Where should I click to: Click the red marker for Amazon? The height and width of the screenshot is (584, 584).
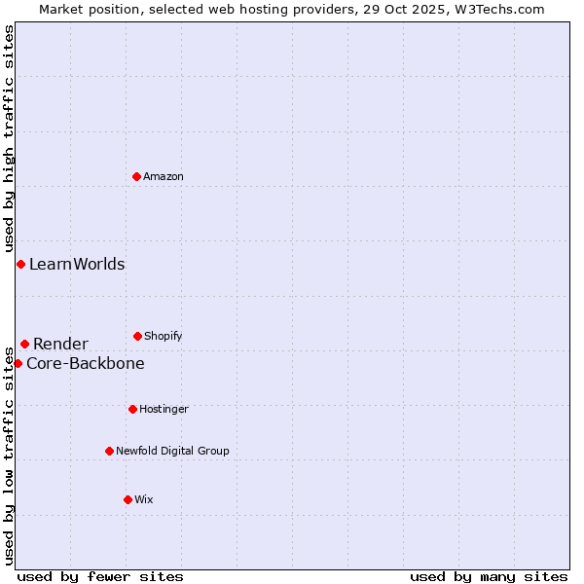(137, 176)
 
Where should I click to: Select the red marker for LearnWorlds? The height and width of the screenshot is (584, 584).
(20, 265)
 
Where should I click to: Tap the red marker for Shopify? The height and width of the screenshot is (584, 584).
(137, 336)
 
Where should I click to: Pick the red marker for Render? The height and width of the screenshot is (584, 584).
(24, 344)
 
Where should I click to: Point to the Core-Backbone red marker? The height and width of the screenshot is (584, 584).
(18, 363)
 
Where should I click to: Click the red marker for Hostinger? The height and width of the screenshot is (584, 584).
(132, 409)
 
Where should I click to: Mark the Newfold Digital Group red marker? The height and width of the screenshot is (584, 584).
(109, 451)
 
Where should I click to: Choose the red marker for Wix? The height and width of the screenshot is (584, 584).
(128, 499)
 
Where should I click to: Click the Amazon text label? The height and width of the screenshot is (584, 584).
(164, 176)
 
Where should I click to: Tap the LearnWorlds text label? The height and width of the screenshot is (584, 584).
(77, 265)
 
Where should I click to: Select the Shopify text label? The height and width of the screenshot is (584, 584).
(164, 336)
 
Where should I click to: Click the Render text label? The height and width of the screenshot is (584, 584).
(60, 344)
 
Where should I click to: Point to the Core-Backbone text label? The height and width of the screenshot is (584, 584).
(86, 364)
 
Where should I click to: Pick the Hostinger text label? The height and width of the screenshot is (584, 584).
(164, 409)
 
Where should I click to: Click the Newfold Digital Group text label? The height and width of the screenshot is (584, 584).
(172, 451)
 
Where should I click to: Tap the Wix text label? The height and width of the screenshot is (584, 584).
(144, 499)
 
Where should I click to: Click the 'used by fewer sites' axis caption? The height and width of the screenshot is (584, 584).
(100, 576)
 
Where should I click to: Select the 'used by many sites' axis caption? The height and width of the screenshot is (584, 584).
(489, 576)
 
